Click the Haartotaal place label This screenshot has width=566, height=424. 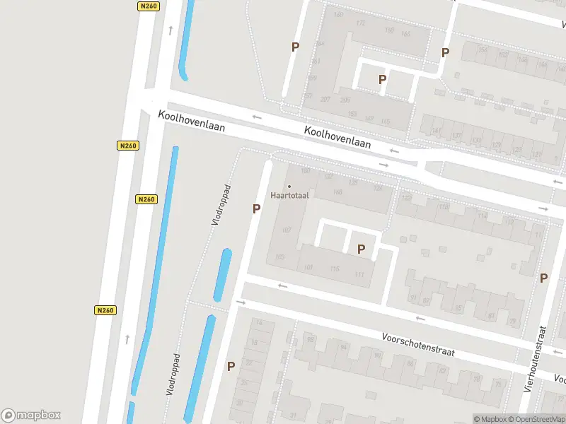tap(288, 195)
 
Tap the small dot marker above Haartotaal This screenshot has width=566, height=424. tap(289, 187)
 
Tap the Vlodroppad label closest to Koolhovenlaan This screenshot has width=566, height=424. tap(222, 206)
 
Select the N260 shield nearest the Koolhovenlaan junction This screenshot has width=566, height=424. tap(127, 146)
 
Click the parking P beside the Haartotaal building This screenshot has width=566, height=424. tap(256, 208)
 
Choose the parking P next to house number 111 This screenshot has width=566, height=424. tap(361, 249)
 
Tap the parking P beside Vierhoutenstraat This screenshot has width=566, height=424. tap(543, 278)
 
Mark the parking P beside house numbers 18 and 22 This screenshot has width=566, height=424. tap(231, 366)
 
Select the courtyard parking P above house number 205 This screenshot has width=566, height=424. tap(382, 80)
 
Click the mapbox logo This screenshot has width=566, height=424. tap(31, 416)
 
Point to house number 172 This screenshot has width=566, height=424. tap(361, 23)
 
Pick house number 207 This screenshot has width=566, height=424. tap(325, 100)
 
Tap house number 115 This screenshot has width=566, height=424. tap(335, 269)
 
